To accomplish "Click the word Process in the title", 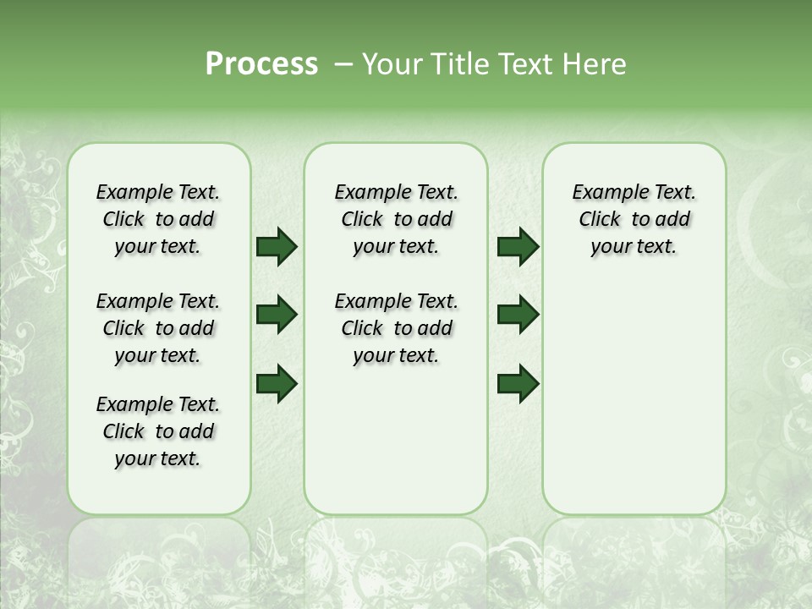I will click(261, 64).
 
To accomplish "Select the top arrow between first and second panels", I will click(277, 246).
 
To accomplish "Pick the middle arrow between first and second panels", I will click(277, 315).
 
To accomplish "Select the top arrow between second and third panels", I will click(518, 246).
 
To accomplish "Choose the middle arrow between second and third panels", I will click(518, 315).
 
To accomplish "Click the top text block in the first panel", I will click(158, 219).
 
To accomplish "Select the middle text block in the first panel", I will click(158, 328).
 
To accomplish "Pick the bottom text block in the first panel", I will click(158, 431).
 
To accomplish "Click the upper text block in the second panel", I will click(396, 219).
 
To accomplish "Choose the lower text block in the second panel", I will click(396, 328).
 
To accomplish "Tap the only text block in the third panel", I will click(634, 219).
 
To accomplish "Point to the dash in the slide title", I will click(343, 64).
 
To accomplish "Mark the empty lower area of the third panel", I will click(634, 398).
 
